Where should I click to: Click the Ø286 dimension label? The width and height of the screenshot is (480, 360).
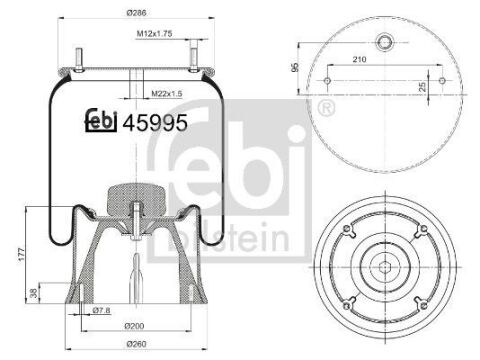coord(136,13)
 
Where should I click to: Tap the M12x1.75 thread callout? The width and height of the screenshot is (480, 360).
coord(154,34)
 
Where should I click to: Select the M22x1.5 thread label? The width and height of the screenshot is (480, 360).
coord(167,94)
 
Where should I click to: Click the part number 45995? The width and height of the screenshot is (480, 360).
coord(155,123)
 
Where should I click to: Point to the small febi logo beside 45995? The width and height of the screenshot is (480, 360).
coord(101,120)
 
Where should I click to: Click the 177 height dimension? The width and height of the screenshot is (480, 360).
coord(21,254)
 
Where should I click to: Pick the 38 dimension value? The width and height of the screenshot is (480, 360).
coord(33,293)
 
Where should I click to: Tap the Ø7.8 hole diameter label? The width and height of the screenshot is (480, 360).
coord(101,310)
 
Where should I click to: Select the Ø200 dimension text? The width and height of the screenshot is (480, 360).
coord(134,326)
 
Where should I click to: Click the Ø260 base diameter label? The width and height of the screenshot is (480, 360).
coord(136,344)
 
